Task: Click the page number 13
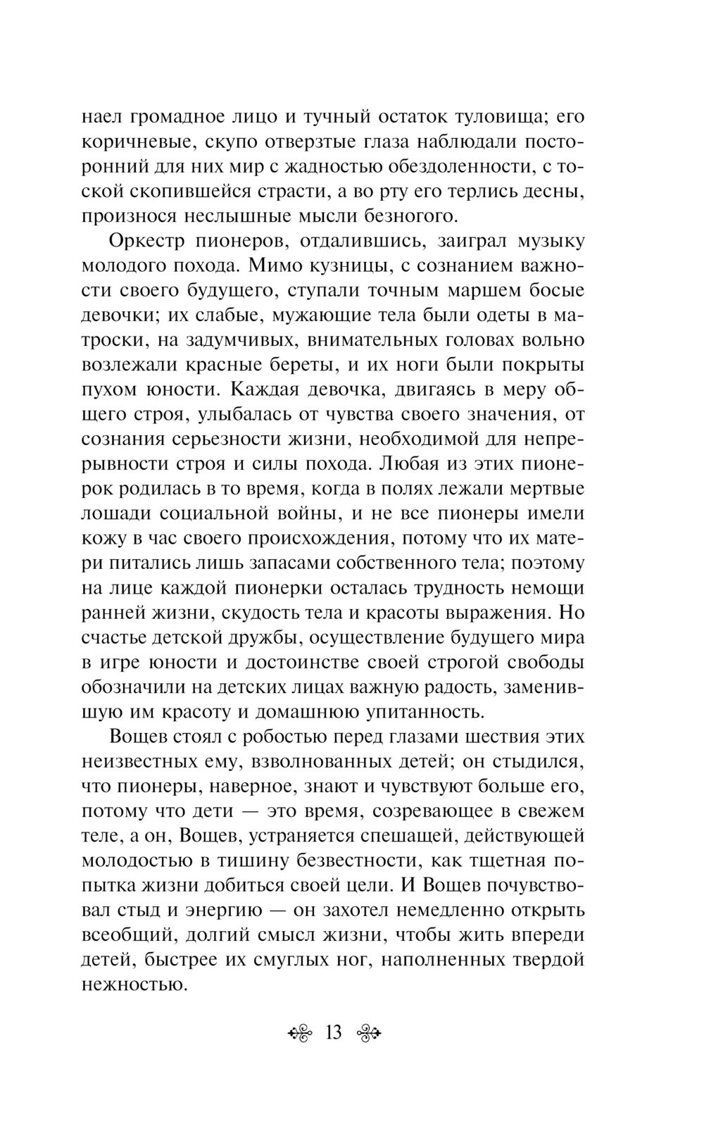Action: tap(334, 1033)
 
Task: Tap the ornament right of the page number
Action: tap(369, 1034)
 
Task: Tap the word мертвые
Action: tap(546, 489)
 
